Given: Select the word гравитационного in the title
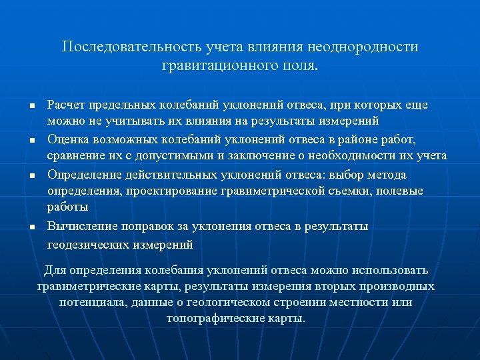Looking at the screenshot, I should coord(214,66).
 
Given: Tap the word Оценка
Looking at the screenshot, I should coord(69,139).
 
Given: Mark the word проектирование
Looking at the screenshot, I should coord(177,191).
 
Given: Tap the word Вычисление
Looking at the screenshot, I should coord(81,226).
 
